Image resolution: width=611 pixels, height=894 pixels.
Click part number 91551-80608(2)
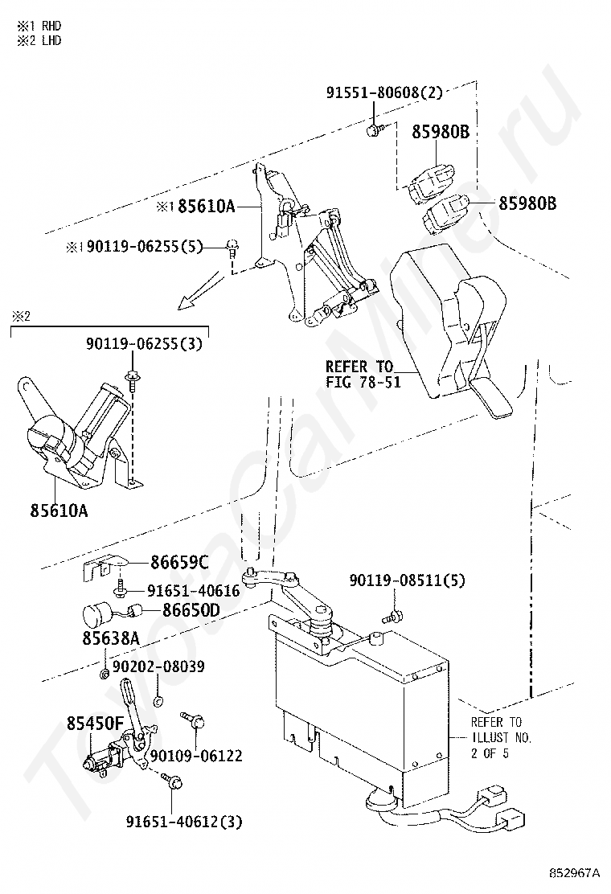[384, 92]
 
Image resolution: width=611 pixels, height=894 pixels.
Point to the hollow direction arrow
[199, 291]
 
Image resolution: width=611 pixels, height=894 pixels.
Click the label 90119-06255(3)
[144, 344]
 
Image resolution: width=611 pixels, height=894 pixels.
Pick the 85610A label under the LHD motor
[59, 510]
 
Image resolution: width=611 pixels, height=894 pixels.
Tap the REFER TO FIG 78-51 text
[363, 374]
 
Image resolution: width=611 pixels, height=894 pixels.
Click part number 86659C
[179, 563]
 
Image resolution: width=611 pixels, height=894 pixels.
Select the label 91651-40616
[194, 591]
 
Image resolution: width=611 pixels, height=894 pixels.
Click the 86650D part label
[191, 610]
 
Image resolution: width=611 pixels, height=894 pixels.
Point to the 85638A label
[111, 638]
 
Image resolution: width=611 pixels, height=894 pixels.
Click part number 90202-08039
[158, 666]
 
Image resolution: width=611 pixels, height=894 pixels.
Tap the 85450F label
[95, 724]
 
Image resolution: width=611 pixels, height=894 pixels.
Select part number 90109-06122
[196, 756]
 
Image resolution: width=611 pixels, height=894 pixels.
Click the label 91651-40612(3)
[184, 822]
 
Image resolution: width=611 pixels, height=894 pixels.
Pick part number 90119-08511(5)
[408, 580]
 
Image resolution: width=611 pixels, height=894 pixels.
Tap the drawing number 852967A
[575, 873]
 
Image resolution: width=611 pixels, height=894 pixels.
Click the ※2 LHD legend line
[39, 40]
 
